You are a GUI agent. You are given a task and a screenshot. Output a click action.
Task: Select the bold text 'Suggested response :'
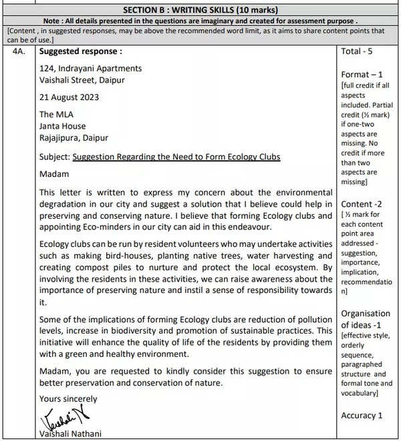[81, 51]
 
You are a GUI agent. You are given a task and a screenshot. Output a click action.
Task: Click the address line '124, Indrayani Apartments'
[90, 68]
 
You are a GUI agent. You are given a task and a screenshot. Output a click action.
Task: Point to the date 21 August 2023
[69, 97]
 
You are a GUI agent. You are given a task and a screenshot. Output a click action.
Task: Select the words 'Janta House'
[62, 126]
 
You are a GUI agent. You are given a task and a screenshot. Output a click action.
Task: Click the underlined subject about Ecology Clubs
[176, 157]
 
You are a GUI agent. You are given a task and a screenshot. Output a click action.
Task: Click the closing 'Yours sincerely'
[68, 399]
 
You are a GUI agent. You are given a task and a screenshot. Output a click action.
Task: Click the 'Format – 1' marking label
[362, 74]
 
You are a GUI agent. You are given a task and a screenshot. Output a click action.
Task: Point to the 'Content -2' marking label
[364, 203]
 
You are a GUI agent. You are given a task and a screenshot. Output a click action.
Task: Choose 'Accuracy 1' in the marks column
[362, 415]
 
